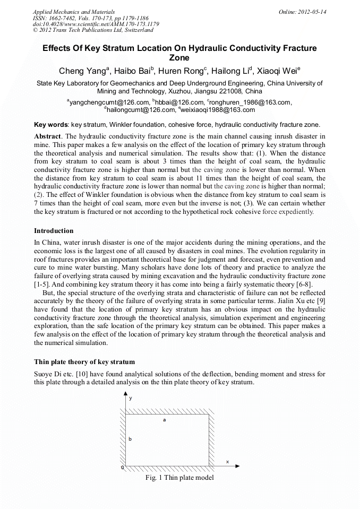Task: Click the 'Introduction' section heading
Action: point(54,231)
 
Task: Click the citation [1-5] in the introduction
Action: point(43,284)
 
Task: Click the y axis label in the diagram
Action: point(131,397)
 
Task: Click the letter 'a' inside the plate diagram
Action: point(165,420)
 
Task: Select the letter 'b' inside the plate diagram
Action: point(130,439)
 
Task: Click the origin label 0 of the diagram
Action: point(122,468)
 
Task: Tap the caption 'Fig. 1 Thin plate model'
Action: point(179,478)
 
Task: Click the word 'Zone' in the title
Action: point(179,58)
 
